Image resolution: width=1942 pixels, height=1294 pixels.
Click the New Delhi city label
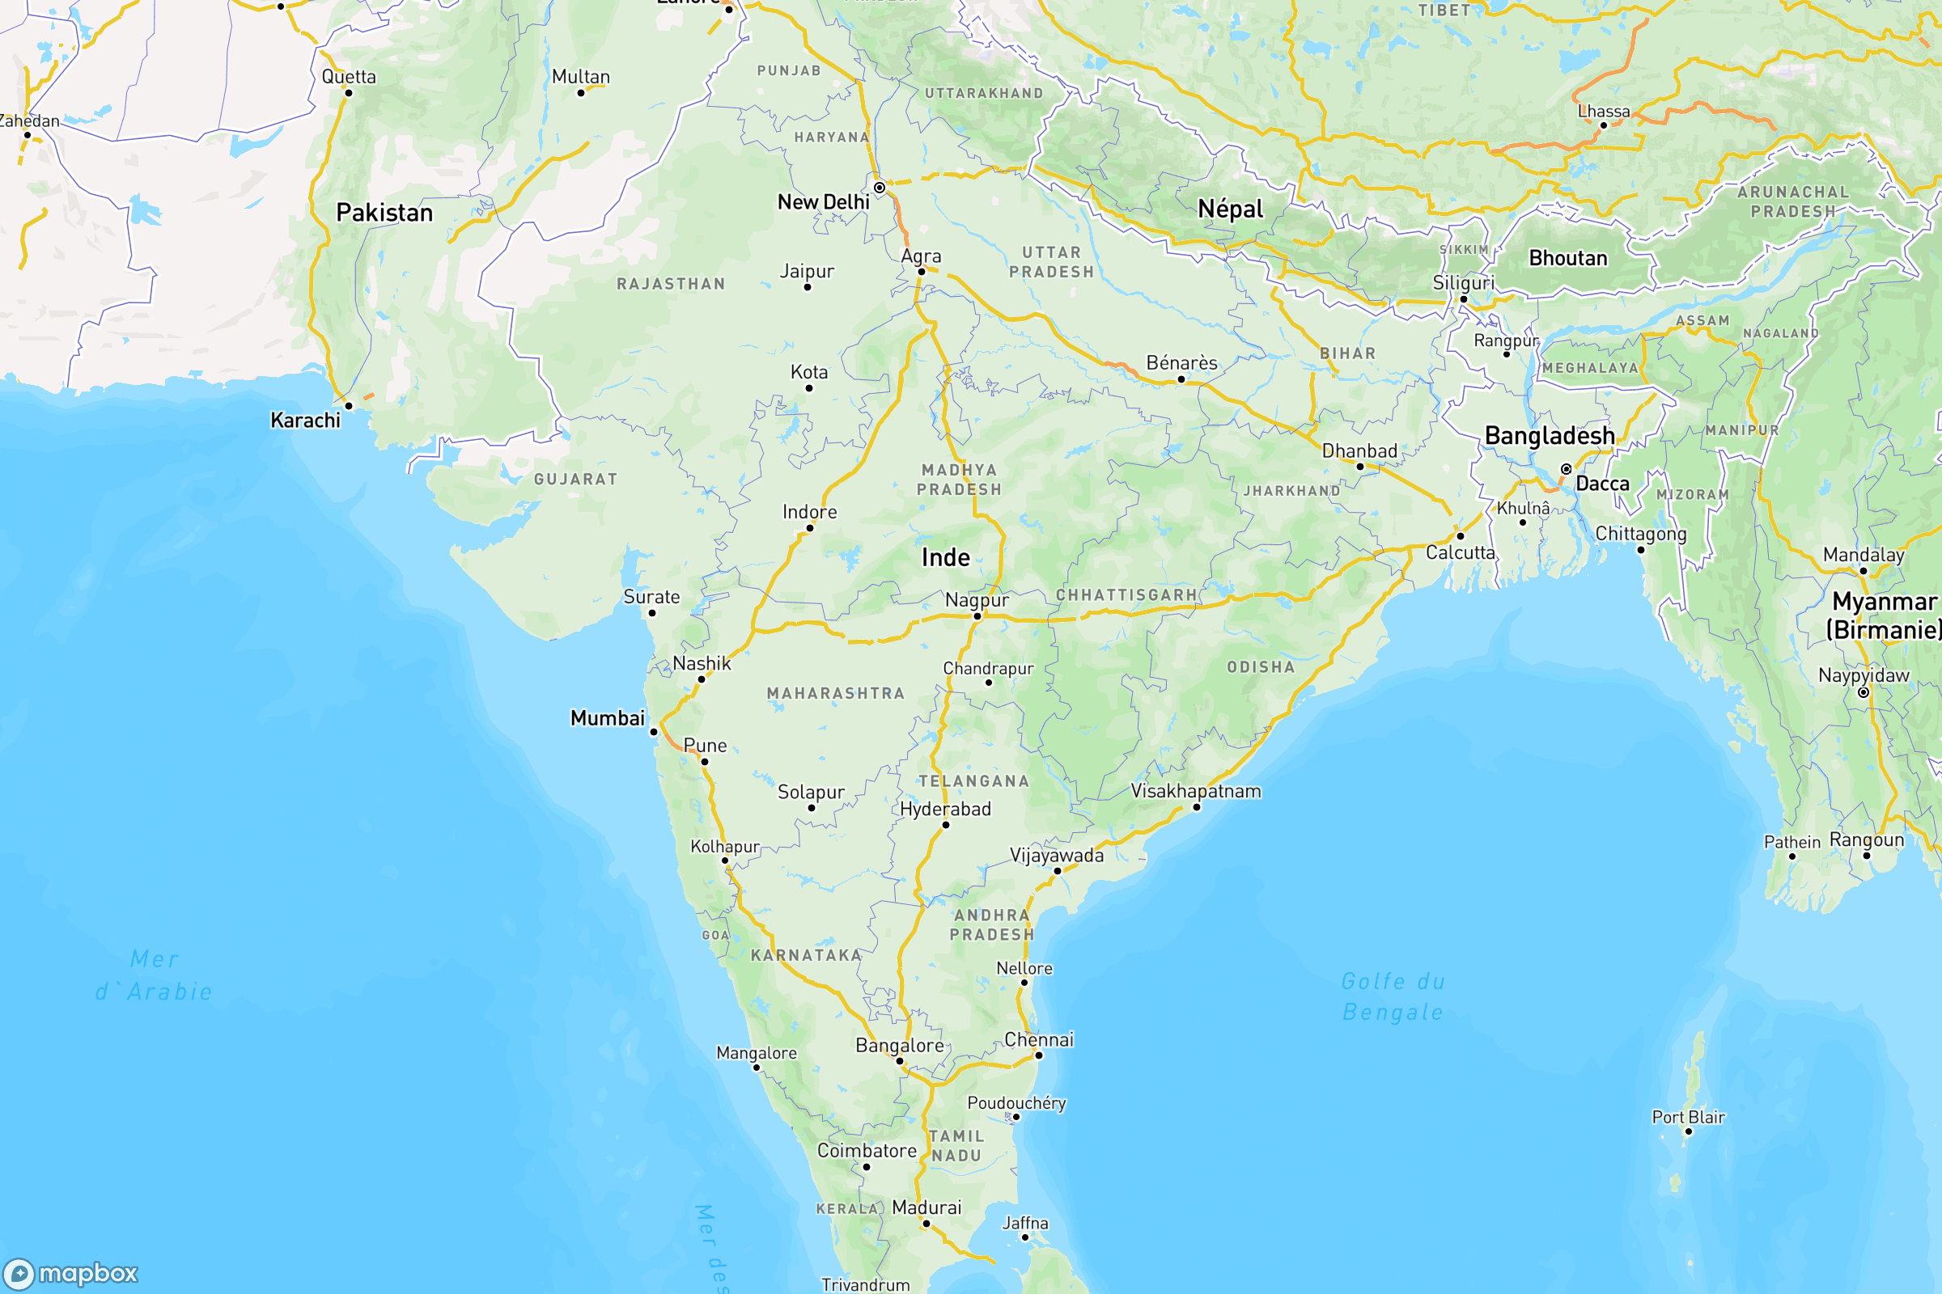(823, 202)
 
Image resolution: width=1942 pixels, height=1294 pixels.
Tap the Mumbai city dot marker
(654, 732)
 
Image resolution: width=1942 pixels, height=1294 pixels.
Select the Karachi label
(306, 421)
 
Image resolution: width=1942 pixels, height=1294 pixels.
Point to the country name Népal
(1230, 209)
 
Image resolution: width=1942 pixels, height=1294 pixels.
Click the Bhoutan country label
(1568, 258)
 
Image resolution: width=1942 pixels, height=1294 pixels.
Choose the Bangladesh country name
(1549, 436)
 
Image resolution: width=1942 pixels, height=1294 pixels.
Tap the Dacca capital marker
(1567, 470)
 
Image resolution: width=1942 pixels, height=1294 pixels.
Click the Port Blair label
(1688, 1118)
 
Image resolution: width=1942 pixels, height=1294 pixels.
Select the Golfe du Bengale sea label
(1393, 997)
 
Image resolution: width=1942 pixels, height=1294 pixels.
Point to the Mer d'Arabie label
(155, 975)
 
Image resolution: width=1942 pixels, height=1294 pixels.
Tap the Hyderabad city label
(945, 810)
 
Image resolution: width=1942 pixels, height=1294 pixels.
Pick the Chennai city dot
(1039, 1055)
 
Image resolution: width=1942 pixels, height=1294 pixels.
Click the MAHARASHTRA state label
(836, 694)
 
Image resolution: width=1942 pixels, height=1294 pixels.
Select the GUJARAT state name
(575, 480)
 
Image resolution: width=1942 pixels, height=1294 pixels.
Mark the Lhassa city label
(1604, 112)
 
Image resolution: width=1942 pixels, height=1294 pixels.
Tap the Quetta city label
(349, 77)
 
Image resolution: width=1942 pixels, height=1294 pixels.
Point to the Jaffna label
(1024, 1223)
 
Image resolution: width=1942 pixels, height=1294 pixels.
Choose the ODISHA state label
(1261, 666)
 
